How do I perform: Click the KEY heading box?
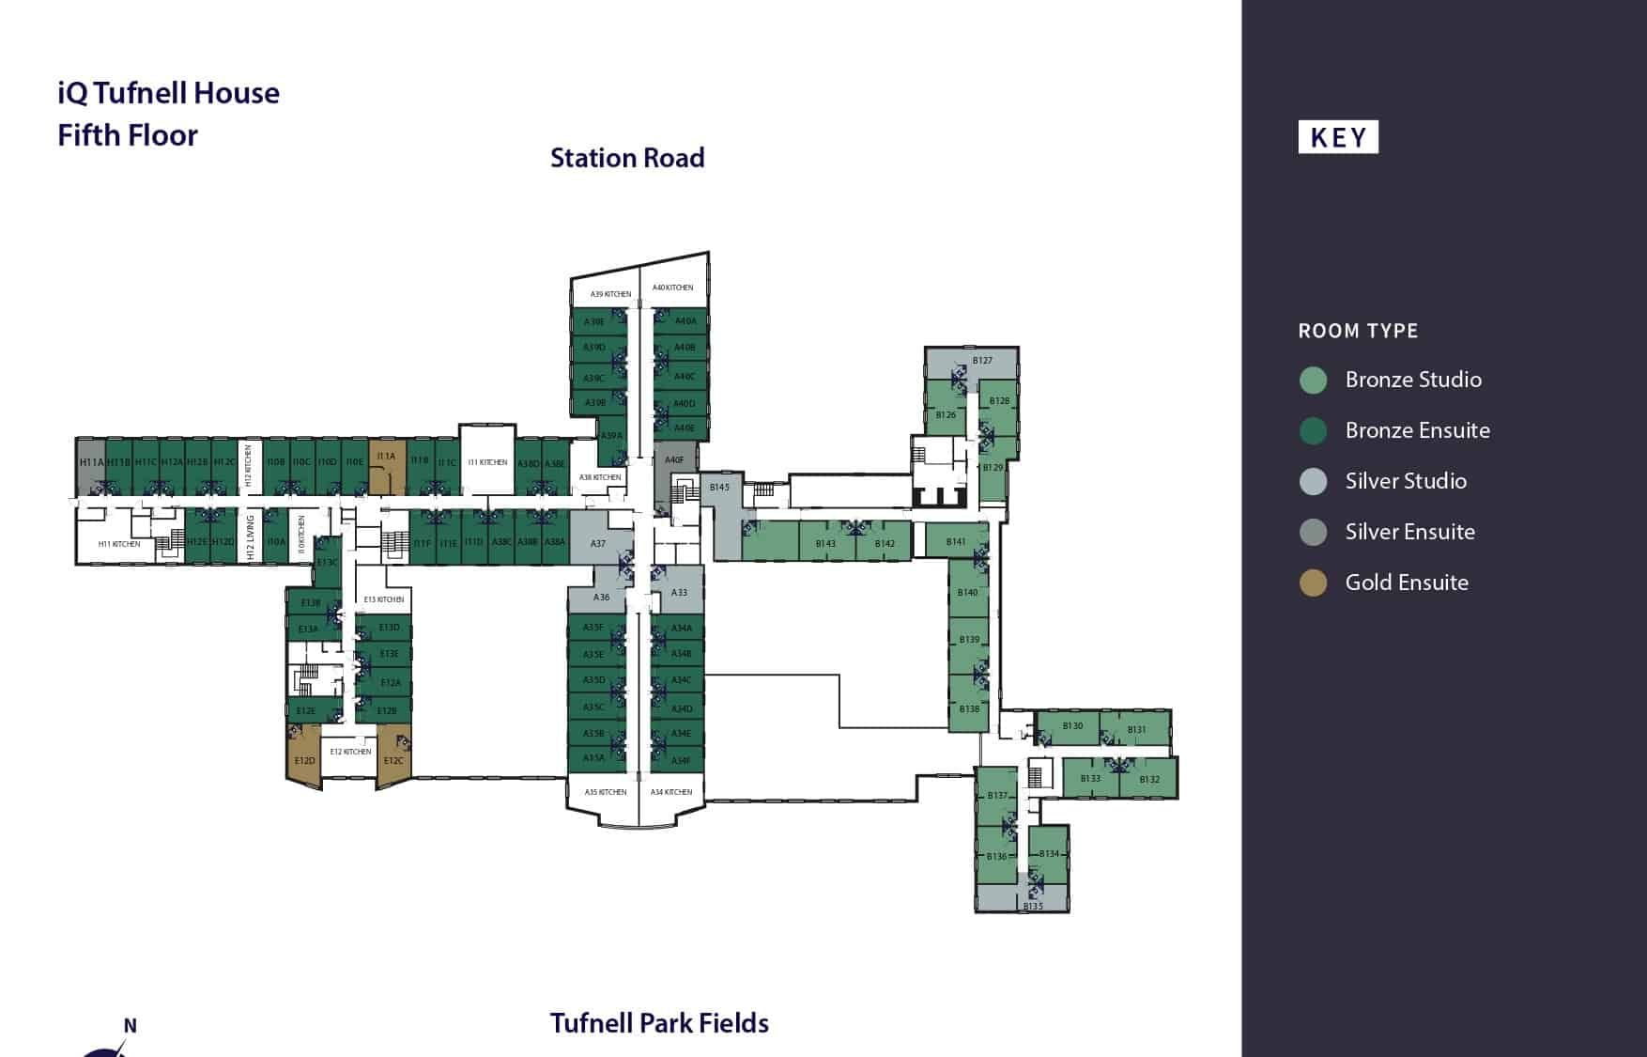coord(1338,137)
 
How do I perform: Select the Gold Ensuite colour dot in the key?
coord(1313,583)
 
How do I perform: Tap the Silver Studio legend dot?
coord(1313,481)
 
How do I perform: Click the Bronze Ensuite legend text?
coord(1417,430)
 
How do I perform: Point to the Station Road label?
coord(627,158)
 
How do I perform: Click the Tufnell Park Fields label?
coord(659,1023)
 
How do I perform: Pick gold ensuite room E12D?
coord(304,756)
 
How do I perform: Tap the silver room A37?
coord(599,543)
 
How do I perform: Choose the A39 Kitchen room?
coord(610,292)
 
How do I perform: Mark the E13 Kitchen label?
coord(384,599)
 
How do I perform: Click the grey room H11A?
coord(91,463)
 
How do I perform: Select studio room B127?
coord(982,361)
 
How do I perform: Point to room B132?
coord(1149,779)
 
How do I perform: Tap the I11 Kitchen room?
coord(487,462)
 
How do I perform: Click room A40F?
coord(675,459)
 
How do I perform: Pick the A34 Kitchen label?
coord(671,792)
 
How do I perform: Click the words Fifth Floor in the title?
coord(128,135)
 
